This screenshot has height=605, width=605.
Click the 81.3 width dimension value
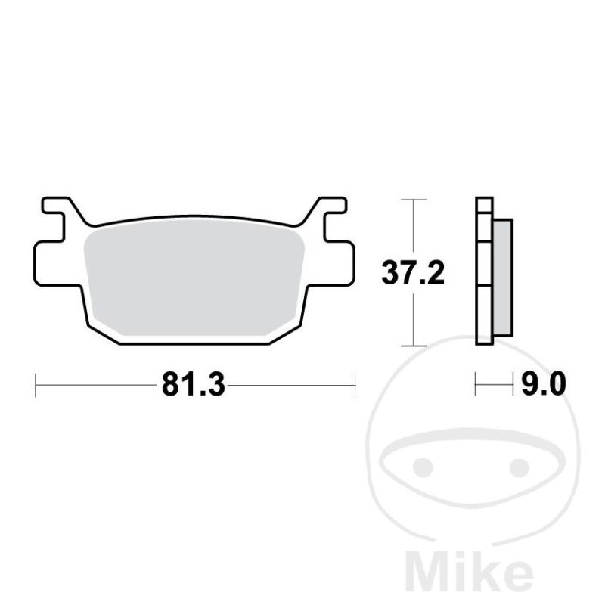[194, 384]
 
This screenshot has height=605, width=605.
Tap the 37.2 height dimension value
[413, 273]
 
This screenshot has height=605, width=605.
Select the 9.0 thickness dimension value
[544, 384]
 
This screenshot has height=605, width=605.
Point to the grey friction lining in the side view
[503, 278]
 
